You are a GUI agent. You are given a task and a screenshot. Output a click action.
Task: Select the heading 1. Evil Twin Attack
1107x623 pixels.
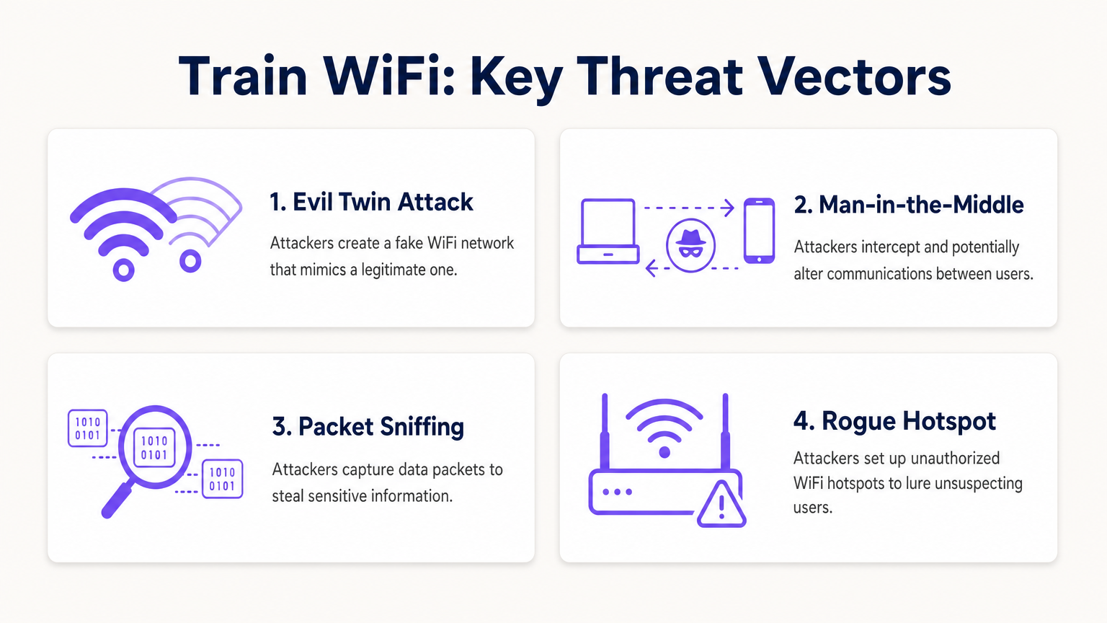(x=371, y=202)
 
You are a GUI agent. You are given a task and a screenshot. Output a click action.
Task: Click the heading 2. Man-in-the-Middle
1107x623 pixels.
(x=908, y=205)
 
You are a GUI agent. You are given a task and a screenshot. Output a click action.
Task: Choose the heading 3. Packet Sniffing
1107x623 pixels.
(x=368, y=427)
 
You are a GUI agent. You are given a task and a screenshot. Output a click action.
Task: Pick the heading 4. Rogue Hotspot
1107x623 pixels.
(x=894, y=421)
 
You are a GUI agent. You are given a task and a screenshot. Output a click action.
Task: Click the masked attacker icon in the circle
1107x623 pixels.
(x=690, y=245)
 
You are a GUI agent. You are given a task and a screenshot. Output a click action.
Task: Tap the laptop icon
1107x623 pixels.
(x=608, y=231)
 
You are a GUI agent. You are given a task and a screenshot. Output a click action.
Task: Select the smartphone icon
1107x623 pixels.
(x=759, y=231)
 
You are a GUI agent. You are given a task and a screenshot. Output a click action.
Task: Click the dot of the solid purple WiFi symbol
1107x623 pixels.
(x=124, y=270)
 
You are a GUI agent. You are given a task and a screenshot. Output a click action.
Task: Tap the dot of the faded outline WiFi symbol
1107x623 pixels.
(x=190, y=260)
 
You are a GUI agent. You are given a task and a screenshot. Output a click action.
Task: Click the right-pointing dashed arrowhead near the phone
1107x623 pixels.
(x=729, y=208)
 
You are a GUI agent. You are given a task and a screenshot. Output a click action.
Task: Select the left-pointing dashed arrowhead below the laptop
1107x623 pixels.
(x=651, y=269)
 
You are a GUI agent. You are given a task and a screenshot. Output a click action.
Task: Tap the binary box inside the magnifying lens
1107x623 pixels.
(x=154, y=448)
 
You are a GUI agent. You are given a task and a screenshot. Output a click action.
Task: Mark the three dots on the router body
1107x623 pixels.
(x=618, y=492)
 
